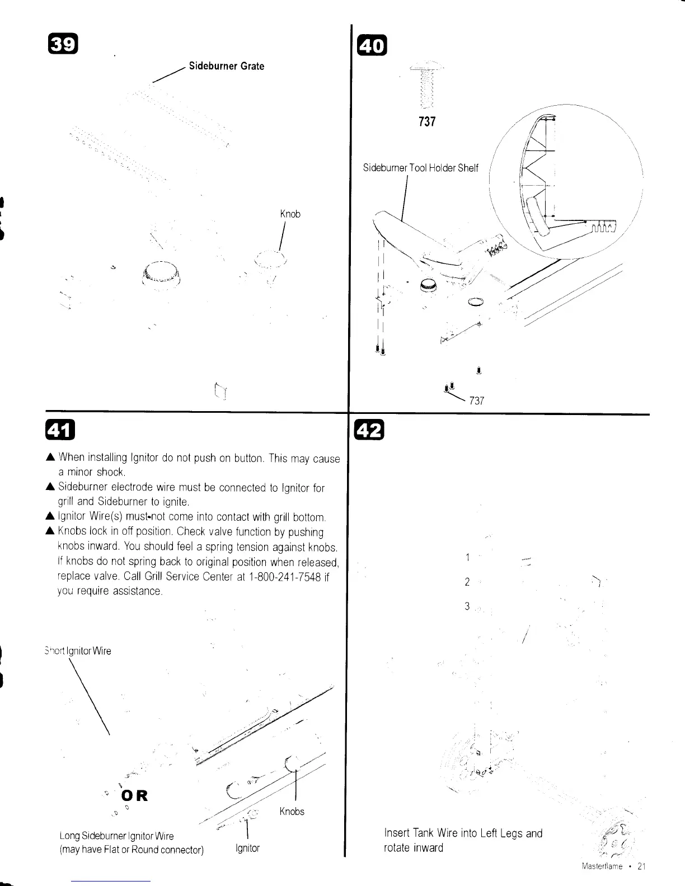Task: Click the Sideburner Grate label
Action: coord(226,66)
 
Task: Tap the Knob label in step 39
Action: coord(290,214)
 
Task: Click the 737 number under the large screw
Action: coord(427,121)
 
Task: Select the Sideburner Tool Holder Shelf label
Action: coord(420,168)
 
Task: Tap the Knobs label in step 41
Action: coord(292,812)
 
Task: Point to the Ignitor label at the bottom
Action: coord(247,848)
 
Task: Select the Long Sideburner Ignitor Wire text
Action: coord(116,836)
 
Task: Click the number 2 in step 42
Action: coord(467,582)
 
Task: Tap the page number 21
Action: coord(641,866)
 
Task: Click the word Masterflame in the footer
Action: coord(602,866)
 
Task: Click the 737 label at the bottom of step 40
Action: coord(477,400)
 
